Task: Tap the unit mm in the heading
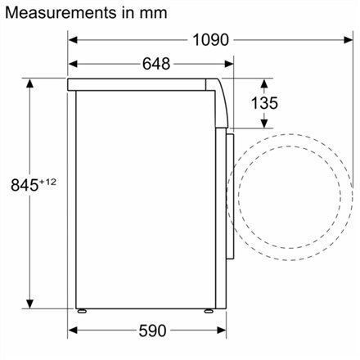click(155, 13)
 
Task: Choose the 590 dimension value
click(151, 331)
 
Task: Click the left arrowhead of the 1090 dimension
click(72, 38)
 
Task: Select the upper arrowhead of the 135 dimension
click(267, 83)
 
